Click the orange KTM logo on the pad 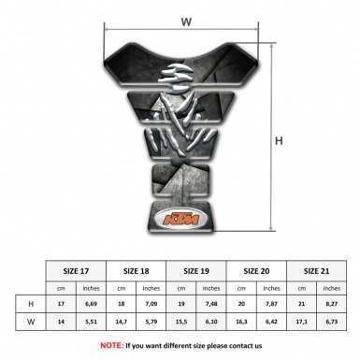point(180,221)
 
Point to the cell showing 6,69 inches point(92,303)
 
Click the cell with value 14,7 point(122,322)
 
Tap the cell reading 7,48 point(212,303)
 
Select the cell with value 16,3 point(242,322)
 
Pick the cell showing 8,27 point(332,303)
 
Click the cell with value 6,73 point(332,322)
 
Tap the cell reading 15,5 point(182,322)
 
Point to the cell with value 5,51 point(92,322)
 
